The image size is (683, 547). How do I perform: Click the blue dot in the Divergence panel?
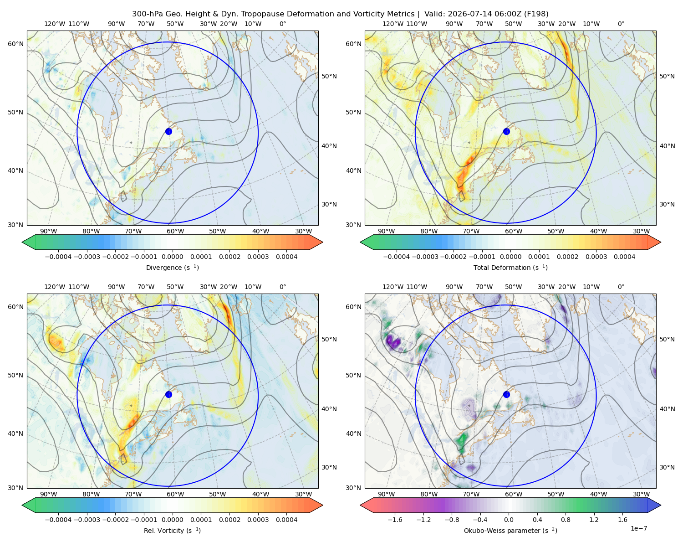pos(168,131)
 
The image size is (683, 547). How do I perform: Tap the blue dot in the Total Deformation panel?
pos(506,131)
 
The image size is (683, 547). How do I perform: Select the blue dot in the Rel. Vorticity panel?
pos(168,394)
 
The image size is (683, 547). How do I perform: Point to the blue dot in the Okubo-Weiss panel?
pos(506,394)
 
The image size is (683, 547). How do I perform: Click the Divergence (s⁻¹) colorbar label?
pos(172,267)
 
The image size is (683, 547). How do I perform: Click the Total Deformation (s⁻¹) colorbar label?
pos(510,267)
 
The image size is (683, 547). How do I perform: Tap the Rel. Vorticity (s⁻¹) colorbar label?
pos(172,530)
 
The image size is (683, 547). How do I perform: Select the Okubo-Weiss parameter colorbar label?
pos(510,530)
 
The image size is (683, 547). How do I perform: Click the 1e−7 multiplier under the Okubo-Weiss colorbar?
pos(638,528)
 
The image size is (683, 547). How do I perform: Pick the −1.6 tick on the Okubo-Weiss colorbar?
pos(395,520)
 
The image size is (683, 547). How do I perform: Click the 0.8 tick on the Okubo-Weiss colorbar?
pos(566,520)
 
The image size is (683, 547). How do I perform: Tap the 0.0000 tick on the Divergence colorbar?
pos(172,257)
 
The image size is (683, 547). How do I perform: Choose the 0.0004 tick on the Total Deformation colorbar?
pos(624,257)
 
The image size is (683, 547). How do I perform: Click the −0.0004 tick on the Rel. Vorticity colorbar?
pos(58,520)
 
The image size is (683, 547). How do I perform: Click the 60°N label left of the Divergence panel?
pos(15,44)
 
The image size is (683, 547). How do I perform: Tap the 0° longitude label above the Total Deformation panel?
pos(621,24)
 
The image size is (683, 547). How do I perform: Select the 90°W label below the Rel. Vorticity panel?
pos(49,494)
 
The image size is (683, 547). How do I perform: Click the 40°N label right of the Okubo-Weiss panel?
pos(667,409)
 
